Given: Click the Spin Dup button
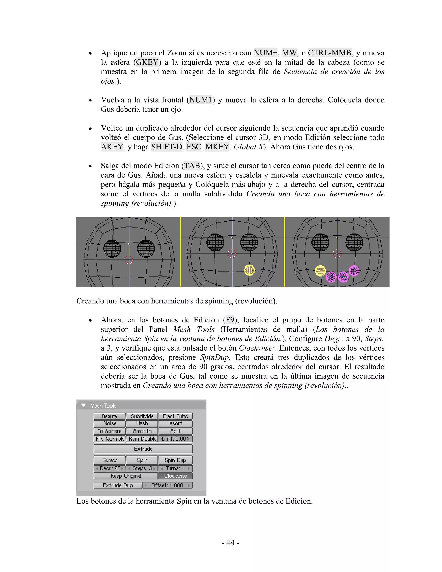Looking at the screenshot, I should [x=175, y=460].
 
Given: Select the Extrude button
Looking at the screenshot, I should [x=143, y=449].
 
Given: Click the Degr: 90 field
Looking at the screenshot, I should [x=110, y=468].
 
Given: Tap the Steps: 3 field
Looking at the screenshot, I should [x=142, y=468].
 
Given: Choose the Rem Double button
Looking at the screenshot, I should [x=142, y=439].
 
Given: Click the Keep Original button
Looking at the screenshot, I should [x=126, y=476].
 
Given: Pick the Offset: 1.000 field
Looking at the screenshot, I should [x=167, y=485].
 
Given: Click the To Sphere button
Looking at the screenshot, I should [x=110, y=431].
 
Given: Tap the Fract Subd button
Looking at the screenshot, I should [x=175, y=416].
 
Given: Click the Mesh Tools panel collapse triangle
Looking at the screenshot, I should [x=84, y=405].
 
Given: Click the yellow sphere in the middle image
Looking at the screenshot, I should [x=249, y=270].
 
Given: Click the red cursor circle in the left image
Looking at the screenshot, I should [x=129, y=260].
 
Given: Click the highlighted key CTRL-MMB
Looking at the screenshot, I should [x=329, y=53].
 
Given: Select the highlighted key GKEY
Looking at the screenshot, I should [x=147, y=62].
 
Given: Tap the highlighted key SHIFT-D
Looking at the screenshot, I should [x=167, y=147].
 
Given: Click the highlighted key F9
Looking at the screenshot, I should [x=230, y=320].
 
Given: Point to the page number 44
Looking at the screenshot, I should [x=230, y=543].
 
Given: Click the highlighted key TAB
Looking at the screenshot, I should [x=192, y=166].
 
